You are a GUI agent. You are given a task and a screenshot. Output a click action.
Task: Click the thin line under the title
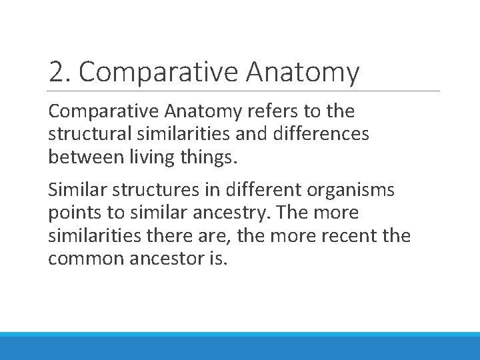244,91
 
